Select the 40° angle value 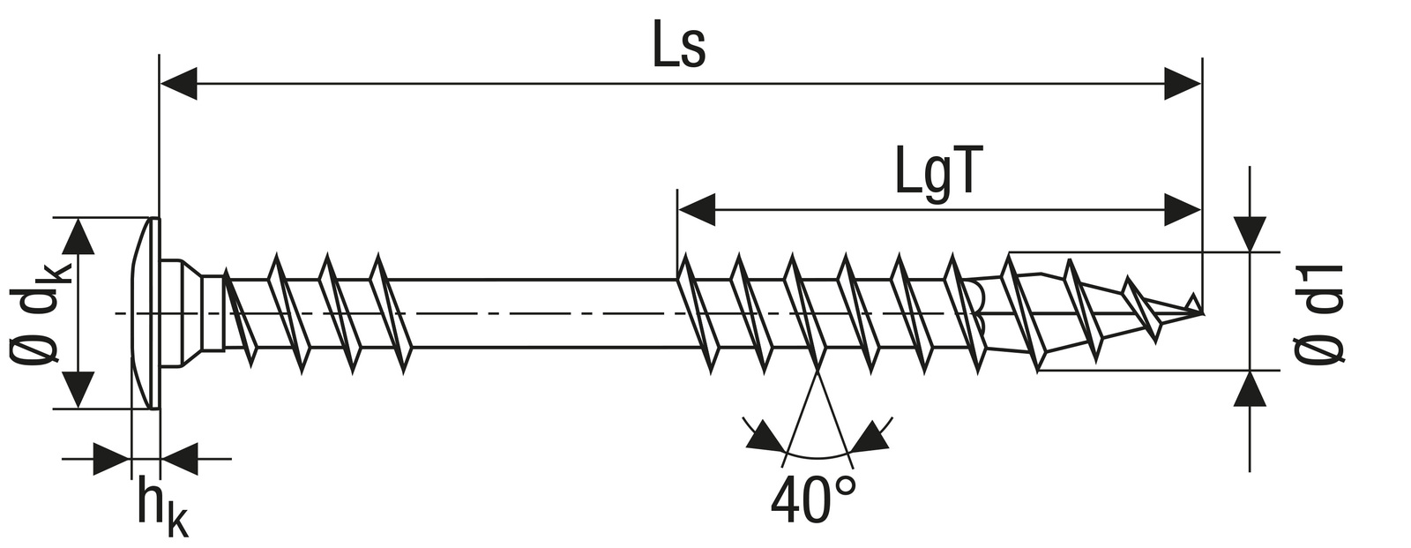(812, 500)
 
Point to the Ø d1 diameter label (1320, 313)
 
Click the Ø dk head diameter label (41, 313)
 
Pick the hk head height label (161, 507)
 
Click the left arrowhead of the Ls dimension (178, 85)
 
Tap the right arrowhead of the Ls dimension (1182, 85)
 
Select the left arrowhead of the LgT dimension (696, 210)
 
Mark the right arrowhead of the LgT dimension (1182, 210)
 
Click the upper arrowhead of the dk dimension (79, 236)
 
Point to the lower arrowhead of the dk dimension (79, 389)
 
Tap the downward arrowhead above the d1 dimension (1250, 233)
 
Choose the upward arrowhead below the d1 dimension (1250, 389)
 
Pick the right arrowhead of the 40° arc (870, 437)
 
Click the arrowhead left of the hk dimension (112, 459)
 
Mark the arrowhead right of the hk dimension (179, 459)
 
